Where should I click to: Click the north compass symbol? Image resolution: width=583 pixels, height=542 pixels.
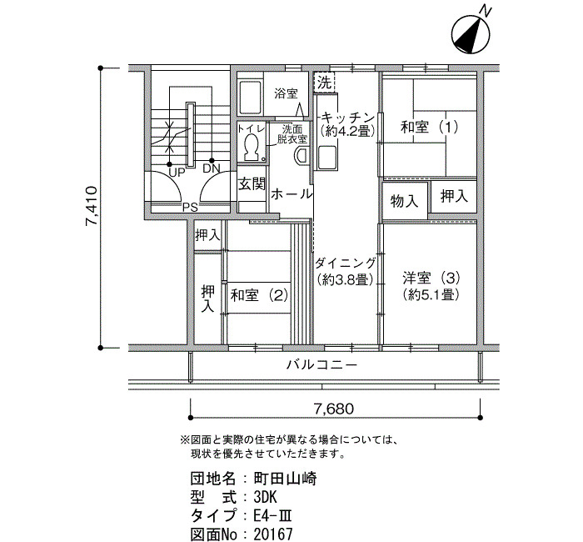[x=471, y=35]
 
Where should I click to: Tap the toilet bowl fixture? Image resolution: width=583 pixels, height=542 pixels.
[x=252, y=146]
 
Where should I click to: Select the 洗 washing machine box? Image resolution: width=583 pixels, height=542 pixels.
[x=325, y=83]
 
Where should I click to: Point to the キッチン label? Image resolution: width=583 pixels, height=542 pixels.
[x=347, y=118]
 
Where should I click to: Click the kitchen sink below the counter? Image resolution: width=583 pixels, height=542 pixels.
[x=327, y=158]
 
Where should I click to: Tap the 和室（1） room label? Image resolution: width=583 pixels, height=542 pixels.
[x=430, y=128]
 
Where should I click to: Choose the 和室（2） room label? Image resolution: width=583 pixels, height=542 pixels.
[x=259, y=295]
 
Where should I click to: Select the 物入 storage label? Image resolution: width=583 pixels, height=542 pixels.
[x=405, y=202]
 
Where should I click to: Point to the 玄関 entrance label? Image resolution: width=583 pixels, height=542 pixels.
[x=252, y=183]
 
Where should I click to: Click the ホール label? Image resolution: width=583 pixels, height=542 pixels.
[x=291, y=194]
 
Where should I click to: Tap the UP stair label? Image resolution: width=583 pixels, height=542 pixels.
[x=177, y=173]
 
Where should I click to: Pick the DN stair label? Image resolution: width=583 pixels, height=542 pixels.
[x=212, y=169]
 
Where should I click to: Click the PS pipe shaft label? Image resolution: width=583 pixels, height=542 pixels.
[x=190, y=208]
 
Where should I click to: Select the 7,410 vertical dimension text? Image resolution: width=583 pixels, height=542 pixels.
[x=91, y=206]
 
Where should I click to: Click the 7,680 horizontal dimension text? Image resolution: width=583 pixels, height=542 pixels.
[x=334, y=409]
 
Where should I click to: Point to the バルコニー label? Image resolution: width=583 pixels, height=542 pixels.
[x=321, y=364]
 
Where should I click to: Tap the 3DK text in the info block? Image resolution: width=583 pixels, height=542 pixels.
[x=266, y=497]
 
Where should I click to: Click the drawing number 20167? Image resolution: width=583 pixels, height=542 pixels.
[x=273, y=534]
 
